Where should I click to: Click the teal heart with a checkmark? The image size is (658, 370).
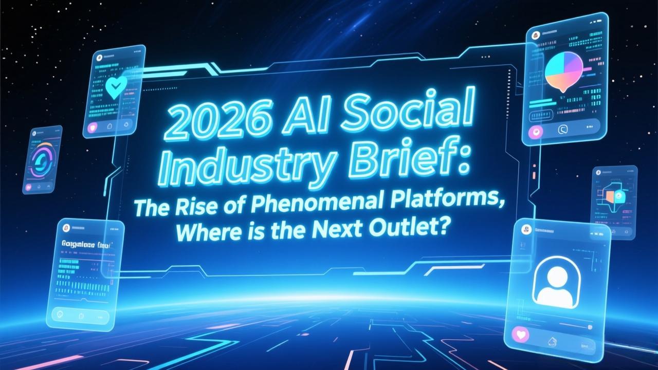114,87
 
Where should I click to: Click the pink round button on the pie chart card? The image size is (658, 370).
538,132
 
